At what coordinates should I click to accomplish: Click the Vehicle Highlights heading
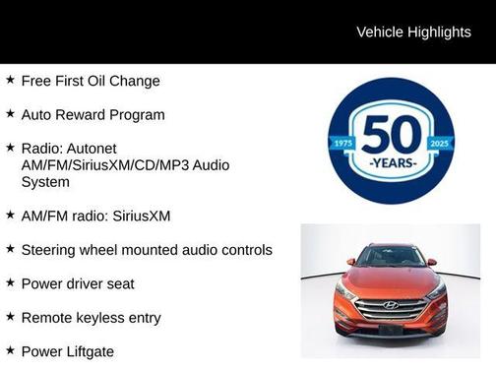pyautogui.click(x=413, y=32)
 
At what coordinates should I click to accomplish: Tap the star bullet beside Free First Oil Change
pyautogui.click(x=10, y=80)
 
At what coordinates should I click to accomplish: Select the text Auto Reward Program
pyautogui.click(x=93, y=114)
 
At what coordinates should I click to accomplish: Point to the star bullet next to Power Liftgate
pyautogui.click(x=10, y=350)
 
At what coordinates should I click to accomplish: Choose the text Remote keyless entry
pyautogui.click(x=91, y=318)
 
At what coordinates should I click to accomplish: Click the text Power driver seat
pyautogui.click(x=78, y=283)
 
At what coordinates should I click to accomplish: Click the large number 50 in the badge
pyautogui.click(x=392, y=134)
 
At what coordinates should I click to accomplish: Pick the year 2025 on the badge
pyautogui.click(x=439, y=144)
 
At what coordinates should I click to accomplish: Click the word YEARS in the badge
pyautogui.click(x=392, y=160)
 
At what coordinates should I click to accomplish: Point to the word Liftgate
pyautogui.click(x=89, y=350)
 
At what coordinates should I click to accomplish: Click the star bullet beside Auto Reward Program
pyautogui.click(x=10, y=114)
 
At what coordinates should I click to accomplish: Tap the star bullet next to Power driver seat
pyautogui.click(x=10, y=283)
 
